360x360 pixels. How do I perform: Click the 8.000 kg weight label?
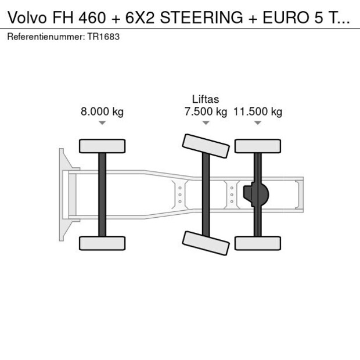[102, 112]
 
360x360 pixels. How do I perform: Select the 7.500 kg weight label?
[205, 112]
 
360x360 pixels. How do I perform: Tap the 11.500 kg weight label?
[257, 112]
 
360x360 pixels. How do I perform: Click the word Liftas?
[205, 100]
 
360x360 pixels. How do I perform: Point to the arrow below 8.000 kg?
[102, 123]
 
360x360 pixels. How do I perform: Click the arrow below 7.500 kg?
[205, 123]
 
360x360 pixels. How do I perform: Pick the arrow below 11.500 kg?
[257, 123]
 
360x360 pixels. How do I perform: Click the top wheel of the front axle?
[102, 146]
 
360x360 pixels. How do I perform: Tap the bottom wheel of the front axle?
[102, 243]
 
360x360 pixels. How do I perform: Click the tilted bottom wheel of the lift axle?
[204, 242]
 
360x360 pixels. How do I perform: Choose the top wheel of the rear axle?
[257, 146]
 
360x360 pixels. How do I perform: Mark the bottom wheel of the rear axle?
[257, 243]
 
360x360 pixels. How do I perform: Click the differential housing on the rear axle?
[257, 194]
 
